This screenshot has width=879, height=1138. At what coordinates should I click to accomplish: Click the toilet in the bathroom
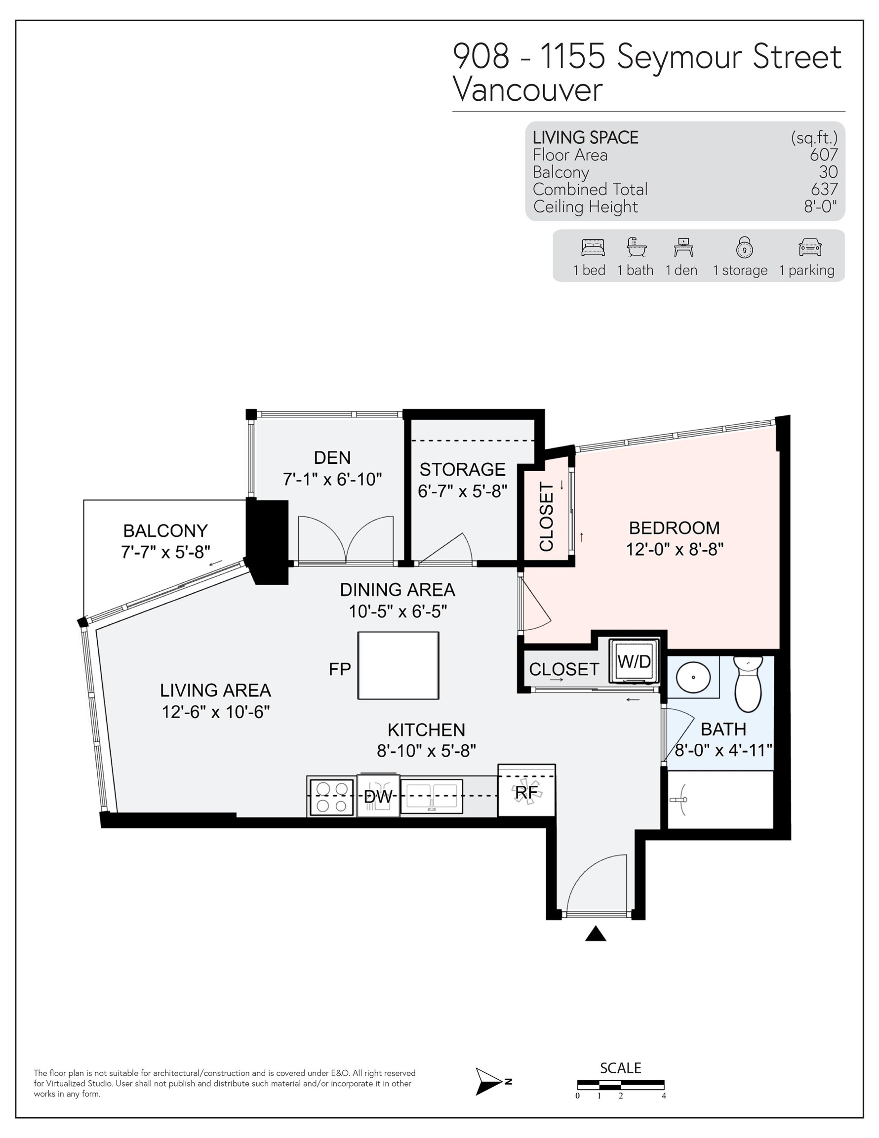pos(747,684)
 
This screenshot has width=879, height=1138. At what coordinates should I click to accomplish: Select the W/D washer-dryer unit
pos(634,662)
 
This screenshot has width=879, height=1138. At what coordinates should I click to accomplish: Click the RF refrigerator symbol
pos(526,793)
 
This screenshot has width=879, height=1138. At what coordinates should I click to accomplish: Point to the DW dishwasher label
pos(378,796)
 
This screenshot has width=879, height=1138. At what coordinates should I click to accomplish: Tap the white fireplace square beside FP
pos(398,665)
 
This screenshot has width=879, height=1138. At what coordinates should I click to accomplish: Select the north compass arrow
pos(490,1082)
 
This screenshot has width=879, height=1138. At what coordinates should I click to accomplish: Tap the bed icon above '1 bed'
pos(593,247)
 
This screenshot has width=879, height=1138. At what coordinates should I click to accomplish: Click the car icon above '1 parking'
pos(810,247)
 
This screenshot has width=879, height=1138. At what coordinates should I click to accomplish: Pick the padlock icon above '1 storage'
pos(744,247)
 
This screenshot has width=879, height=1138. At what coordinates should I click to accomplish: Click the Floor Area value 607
pos(823,155)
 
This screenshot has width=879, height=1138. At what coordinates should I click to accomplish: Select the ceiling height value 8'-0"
pos(820,207)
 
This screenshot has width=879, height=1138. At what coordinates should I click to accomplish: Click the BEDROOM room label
pos(674,528)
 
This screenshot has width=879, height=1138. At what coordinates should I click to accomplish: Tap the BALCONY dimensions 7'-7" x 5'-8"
pos(166,552)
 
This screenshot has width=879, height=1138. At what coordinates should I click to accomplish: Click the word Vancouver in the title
pos(527,89)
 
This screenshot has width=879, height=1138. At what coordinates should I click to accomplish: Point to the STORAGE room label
pos(462,470)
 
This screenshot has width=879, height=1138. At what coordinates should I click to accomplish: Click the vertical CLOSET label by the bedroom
pos(546,517)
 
